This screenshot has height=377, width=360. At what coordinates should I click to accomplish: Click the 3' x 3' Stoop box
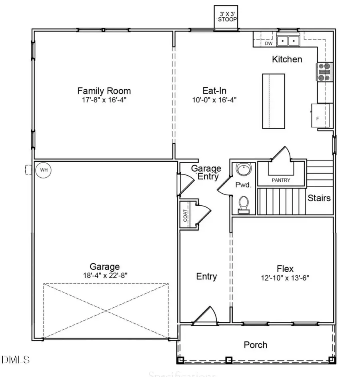point(226,18)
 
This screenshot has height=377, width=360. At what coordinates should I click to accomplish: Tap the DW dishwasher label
point(268,43)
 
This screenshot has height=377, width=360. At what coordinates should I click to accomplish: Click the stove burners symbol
point(324,72)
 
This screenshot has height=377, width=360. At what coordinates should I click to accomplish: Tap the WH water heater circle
point(44,170)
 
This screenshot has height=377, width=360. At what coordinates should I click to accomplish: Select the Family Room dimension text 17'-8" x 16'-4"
point(104,100)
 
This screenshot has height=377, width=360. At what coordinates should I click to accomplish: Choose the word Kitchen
point(287,60)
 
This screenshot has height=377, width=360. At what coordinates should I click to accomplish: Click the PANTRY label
point(281,180)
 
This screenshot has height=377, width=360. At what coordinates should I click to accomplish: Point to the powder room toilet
point(243,205)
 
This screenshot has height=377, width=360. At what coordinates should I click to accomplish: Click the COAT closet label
point(185,216)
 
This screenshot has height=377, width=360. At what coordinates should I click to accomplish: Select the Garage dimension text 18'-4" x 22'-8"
point(104,275)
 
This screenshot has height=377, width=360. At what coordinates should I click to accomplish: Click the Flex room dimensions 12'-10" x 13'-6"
point(285,277)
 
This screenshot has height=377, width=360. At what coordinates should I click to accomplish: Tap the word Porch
point(256,345)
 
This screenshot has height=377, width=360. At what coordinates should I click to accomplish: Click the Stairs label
point(319,198)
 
